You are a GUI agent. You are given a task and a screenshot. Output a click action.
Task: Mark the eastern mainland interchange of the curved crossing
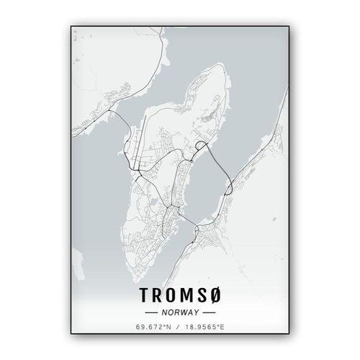(x=229, y=189)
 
